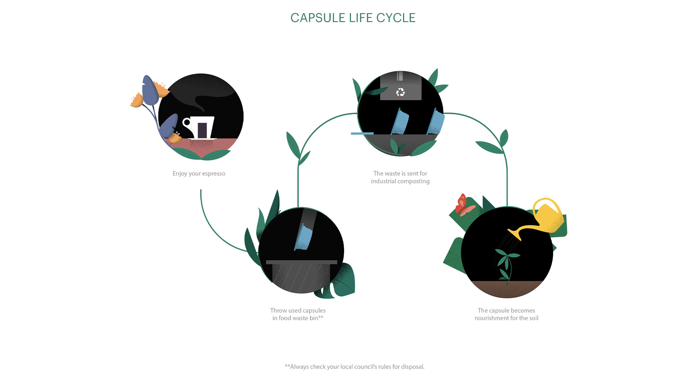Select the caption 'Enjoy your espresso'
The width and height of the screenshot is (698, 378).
(x=199, y=174)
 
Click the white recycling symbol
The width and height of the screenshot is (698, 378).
(x=400, y=92)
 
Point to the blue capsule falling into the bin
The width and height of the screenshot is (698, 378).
(x=304, y=237)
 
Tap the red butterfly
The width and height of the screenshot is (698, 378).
(x=463, y=205)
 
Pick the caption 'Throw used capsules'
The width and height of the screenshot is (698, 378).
(x=298, y=310)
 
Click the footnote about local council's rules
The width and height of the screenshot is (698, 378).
(x=355, y=367)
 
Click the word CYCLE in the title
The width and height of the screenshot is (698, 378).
(x=396, y=18)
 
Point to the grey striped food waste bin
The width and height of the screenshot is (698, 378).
(x=301, y=277)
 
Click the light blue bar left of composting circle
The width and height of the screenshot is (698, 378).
(x=362, y=134)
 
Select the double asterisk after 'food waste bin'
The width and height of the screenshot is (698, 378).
(x=321, y=317)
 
